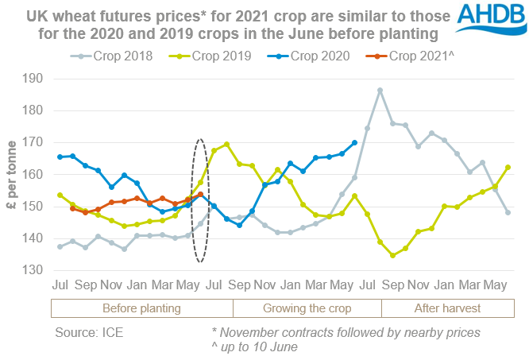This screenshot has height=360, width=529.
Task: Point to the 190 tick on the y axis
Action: point(36,79)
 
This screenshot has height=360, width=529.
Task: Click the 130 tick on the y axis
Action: point(36,270)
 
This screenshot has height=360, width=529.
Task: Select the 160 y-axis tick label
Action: point(36,175)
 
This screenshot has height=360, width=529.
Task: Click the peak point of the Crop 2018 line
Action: point(380,90)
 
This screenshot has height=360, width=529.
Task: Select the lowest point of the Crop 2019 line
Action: point(393,255)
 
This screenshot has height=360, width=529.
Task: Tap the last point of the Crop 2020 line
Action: point(354,143)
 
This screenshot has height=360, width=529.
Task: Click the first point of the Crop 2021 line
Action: point(73,208)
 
